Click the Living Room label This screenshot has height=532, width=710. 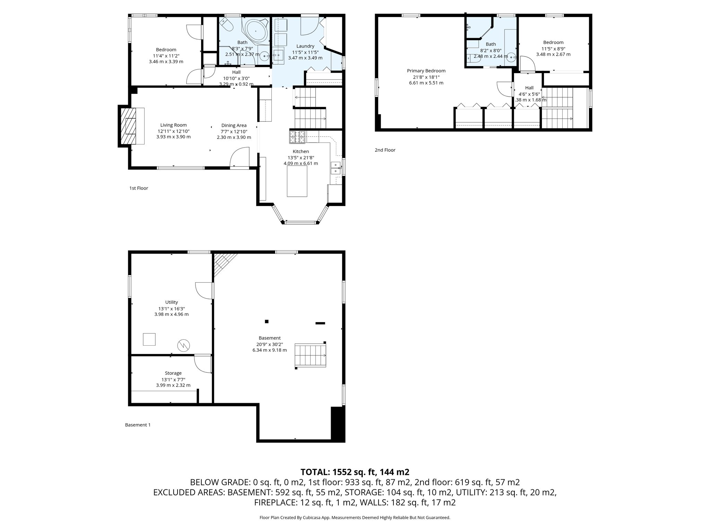coord(173,125)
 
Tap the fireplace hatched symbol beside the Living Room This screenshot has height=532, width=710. coord(131,126)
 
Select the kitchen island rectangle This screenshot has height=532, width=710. coord(297,181)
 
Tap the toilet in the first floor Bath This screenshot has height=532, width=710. coord(227,25)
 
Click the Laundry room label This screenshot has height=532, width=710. coord(305,46)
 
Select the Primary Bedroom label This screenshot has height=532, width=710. coord(426,71)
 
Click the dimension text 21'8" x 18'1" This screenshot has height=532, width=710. coord(426,77)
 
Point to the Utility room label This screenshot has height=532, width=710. coord(172,302)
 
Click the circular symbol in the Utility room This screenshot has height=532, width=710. coord(184,345)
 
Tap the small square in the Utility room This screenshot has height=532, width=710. coord(149,339)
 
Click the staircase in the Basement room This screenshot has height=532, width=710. coord(310,355)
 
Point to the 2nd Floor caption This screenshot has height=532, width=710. coord(385,150)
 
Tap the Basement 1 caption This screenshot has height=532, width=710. coord(138,425)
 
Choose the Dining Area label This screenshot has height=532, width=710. coord(234,125)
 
